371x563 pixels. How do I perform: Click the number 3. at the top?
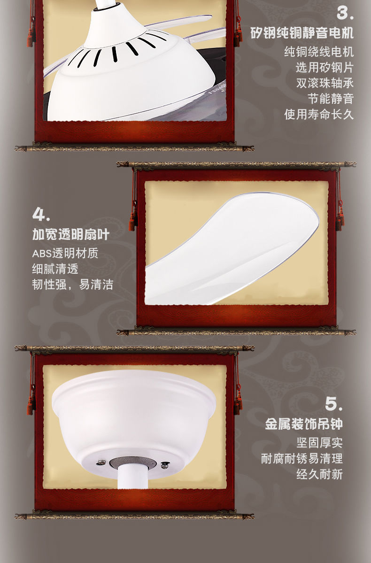[x=345, y=14]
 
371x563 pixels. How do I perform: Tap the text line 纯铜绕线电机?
[x=319, y=52]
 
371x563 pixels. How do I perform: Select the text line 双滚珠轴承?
[x=325, y=83]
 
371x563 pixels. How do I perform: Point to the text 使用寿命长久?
[x=319, y=114]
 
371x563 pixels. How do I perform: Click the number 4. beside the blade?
[x=41, y=215]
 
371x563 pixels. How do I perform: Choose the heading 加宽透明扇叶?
[x=70, y=234]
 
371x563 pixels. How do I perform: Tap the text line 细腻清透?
[x=55, y=269]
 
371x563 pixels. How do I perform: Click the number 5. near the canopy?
[x=333, y=403]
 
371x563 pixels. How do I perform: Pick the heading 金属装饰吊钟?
[x=304, y=424]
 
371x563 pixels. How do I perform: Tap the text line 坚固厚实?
[x=319, y=443]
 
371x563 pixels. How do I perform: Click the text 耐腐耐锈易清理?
[x=302, y=458]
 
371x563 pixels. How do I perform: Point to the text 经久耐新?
[x=319, y=474]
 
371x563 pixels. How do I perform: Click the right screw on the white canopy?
[x=164, y=465]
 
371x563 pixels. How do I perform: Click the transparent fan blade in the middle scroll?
[x=235, y=249]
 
